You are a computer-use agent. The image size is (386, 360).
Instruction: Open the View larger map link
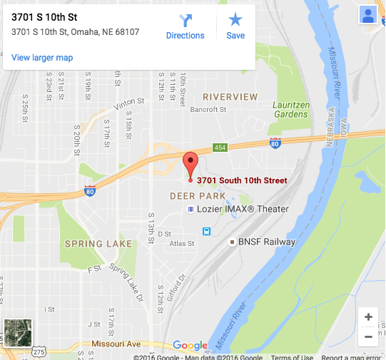pos(42,58)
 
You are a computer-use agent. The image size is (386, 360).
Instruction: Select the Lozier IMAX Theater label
pos(238,209)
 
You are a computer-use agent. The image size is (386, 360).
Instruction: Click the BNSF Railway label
pos(261,242)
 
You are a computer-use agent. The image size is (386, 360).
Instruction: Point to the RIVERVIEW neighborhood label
pos(229,96)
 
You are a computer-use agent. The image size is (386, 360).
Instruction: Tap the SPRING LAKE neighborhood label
pos(98,244)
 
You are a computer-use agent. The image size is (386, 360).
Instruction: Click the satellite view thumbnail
pos(18,333)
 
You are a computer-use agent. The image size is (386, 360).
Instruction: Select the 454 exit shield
pos(220,148)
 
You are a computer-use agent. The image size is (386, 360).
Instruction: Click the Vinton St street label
pos(128,106)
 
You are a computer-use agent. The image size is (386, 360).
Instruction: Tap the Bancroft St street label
pos(208,110)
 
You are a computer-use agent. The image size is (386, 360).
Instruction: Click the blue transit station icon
pos(206,231)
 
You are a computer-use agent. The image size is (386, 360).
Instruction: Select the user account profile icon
pos(368,16)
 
